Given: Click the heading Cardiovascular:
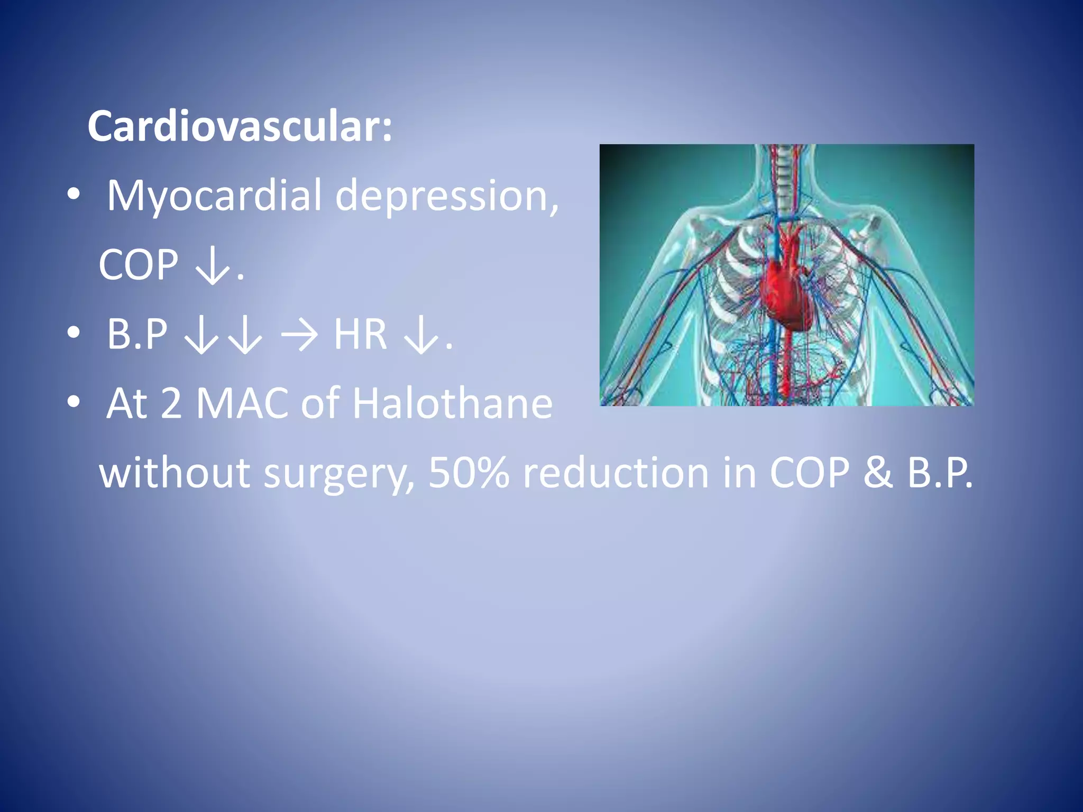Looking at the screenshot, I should (240, 127).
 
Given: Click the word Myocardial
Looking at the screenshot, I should (214, 196).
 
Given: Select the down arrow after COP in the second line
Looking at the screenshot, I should (213, 266).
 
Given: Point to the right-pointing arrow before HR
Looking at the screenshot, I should (299, 335).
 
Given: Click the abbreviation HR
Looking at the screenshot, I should (360, 334).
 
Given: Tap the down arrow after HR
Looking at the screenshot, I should (421, 335).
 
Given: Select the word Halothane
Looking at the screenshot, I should (452, 403).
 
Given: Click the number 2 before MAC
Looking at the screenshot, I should (171, 403).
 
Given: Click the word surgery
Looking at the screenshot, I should (338, 473).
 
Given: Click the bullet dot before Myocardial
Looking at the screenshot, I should (74, 195).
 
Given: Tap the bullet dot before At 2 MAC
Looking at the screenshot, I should (74, 402).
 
